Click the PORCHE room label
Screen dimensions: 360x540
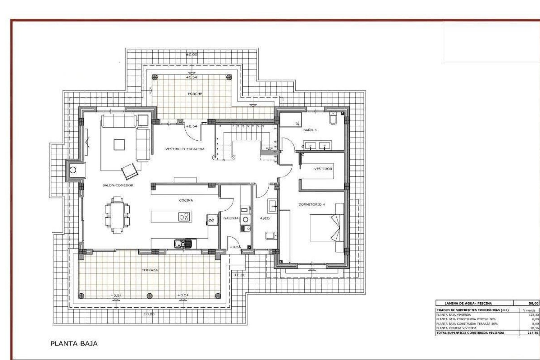click(195, 94)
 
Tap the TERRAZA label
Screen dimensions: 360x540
click(150, 270)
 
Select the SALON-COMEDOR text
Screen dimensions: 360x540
click(118, 185)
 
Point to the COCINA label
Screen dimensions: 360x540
click(186, 200)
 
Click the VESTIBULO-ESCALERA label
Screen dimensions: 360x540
click(184, 149)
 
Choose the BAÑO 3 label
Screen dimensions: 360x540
click(310, 130)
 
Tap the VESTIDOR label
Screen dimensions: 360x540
click(323, 169)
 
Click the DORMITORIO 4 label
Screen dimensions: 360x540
click(311, 204)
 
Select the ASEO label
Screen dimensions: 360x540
click(265, 218)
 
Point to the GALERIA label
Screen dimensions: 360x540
click(231, 218)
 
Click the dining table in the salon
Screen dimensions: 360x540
click(117, 215)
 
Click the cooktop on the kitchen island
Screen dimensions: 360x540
click(185, 217)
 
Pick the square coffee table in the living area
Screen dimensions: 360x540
click(118, 145)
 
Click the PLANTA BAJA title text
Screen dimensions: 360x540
click(74, 343)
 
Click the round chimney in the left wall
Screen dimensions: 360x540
click(73, 170)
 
